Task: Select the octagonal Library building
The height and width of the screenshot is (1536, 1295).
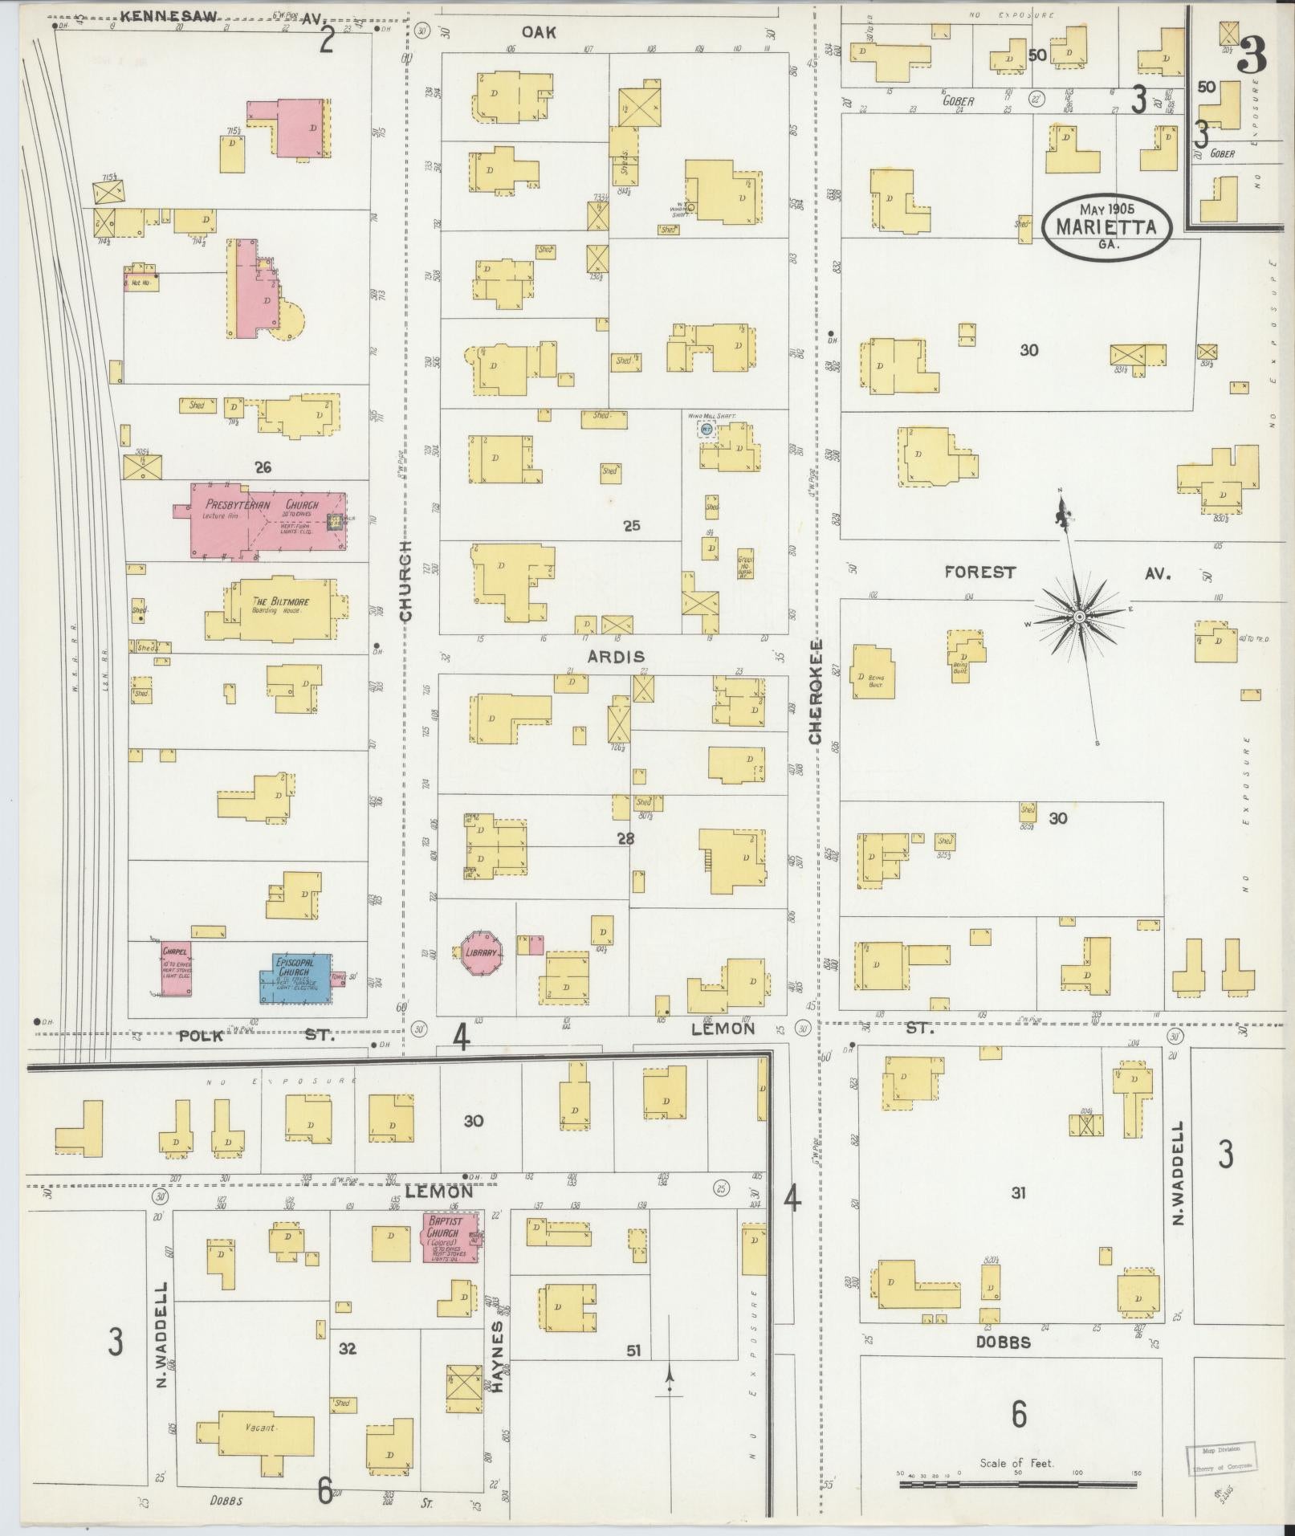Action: (482, 952)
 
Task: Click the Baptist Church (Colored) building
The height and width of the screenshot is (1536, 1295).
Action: (448, 1237)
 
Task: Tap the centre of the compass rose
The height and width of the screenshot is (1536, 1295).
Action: (1080, 616)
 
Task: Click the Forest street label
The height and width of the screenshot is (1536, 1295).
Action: (979, 572)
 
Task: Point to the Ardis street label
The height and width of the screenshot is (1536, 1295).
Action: (616, 656)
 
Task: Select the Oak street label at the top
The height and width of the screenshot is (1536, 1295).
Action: (538, 32)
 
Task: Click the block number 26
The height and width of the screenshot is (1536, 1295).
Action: (263, 467)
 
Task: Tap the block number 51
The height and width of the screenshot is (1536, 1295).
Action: (634, 1351)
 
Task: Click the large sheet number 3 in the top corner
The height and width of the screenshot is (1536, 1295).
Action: (1251, 55)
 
